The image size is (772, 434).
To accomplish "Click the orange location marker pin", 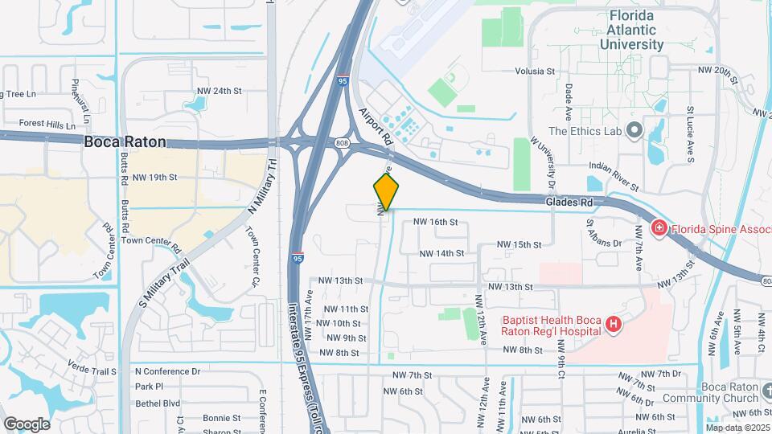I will [x=386, y=191].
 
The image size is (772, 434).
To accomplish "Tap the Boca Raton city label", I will [x=125, y=141].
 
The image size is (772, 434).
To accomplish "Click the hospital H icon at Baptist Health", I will [x=614, y=324].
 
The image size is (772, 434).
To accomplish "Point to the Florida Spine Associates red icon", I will [x=659, y=228].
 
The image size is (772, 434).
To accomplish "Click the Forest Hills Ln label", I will [x=47, y=125].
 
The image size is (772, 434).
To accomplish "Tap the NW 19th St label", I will [x=154, y=177].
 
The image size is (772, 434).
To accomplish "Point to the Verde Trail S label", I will [x=91, y=371].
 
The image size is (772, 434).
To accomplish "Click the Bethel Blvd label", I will [x=158, y=403].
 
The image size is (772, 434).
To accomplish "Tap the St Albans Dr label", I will [x=604, y=233].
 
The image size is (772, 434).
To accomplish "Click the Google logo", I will [x=27, y=424].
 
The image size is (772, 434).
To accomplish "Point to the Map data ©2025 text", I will [x=737, y=428].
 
